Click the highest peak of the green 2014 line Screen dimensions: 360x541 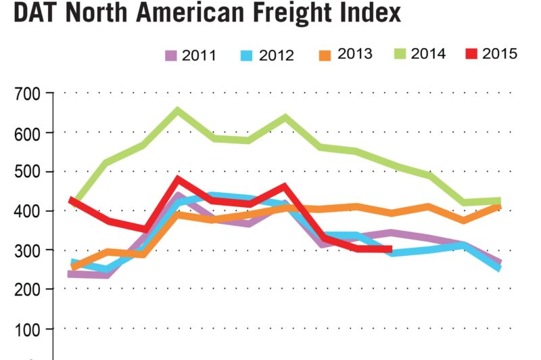click(x=178, y=110)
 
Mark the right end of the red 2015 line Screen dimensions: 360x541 click(x=390, y=249)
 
